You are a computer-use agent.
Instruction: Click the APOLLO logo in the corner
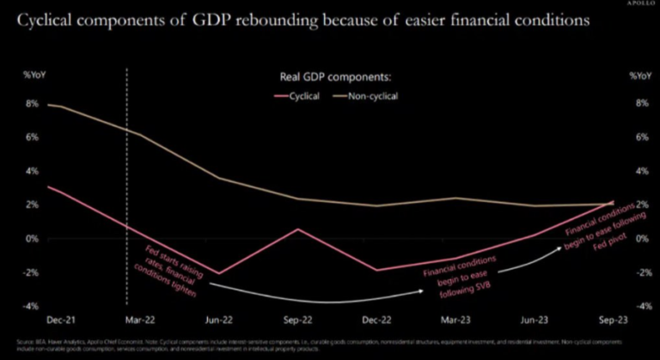click(x=636, y=6)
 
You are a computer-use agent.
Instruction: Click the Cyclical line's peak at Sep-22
click(x=297, y=229)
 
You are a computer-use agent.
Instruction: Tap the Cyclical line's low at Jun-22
click(x=221, y=273)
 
